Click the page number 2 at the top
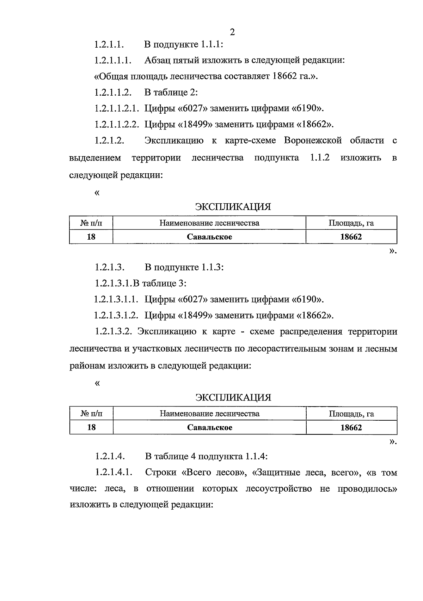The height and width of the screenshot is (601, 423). (x=232, y=32)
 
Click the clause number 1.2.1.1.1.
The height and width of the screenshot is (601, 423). (x=113, y=60)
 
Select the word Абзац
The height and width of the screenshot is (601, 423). (x=158, y=60)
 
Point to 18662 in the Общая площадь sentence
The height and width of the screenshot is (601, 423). (x=284, y=76)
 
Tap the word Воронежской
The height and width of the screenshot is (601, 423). (x=313, y=140)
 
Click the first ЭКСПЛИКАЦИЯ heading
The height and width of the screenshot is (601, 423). (x=233, y=207)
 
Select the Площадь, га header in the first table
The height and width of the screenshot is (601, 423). (x=351, y=223)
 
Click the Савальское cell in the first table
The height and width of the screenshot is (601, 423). (x=209, y=237)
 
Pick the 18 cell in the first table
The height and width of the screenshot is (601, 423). (x=91, y=237)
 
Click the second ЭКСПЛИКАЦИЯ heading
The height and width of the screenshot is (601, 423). (x=233, y=398)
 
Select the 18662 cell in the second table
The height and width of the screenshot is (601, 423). (x=351, y=428)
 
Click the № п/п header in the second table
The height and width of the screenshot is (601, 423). (x=91, y=414)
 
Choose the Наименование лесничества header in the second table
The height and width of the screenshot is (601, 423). (x=209, y=414)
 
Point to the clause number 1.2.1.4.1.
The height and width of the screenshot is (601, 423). (x=113, y=473)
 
